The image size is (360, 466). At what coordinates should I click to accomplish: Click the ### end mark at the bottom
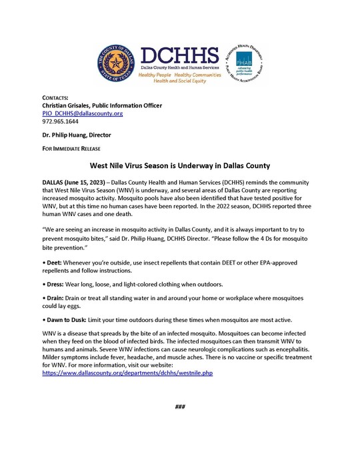click(179, 407)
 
